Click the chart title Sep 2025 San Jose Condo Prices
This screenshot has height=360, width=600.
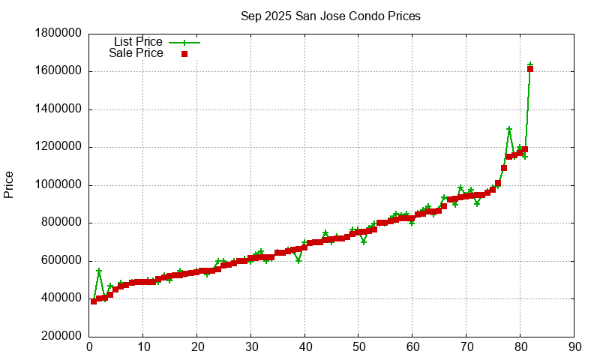coord(330,16)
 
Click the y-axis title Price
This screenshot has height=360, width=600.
coord(9,184)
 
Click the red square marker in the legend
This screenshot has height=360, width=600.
coord(184,54)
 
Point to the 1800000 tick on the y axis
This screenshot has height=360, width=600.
coord(58,34)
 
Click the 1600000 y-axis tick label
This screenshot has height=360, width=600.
coord(58,71)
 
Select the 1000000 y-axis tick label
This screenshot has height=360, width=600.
coord(58,185)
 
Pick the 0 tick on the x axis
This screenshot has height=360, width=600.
coord(89,346)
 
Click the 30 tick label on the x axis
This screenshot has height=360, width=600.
coord(250,346)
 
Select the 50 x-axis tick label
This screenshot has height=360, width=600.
coord(358,346)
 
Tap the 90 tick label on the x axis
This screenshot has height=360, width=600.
coord(574,346)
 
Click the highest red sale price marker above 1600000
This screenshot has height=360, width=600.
coord(530,69)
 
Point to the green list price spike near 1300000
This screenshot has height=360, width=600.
coord(509,130)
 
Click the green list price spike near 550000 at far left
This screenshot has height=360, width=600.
coord(99,271)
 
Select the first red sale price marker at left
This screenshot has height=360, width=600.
coord(94,301)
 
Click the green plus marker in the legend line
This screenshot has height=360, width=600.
coord(184,43)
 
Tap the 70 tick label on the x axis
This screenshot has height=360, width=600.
coord(466,346)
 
